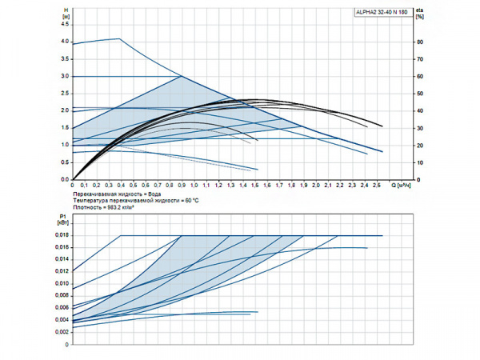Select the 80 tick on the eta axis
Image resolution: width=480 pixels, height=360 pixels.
coord(419,42)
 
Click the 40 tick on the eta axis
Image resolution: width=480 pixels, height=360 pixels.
coord(419,110)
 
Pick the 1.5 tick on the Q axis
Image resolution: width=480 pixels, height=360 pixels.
coord(255,186)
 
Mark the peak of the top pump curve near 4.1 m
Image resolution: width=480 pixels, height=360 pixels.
coord(119,38)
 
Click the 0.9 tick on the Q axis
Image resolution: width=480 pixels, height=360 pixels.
coord(182,186)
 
